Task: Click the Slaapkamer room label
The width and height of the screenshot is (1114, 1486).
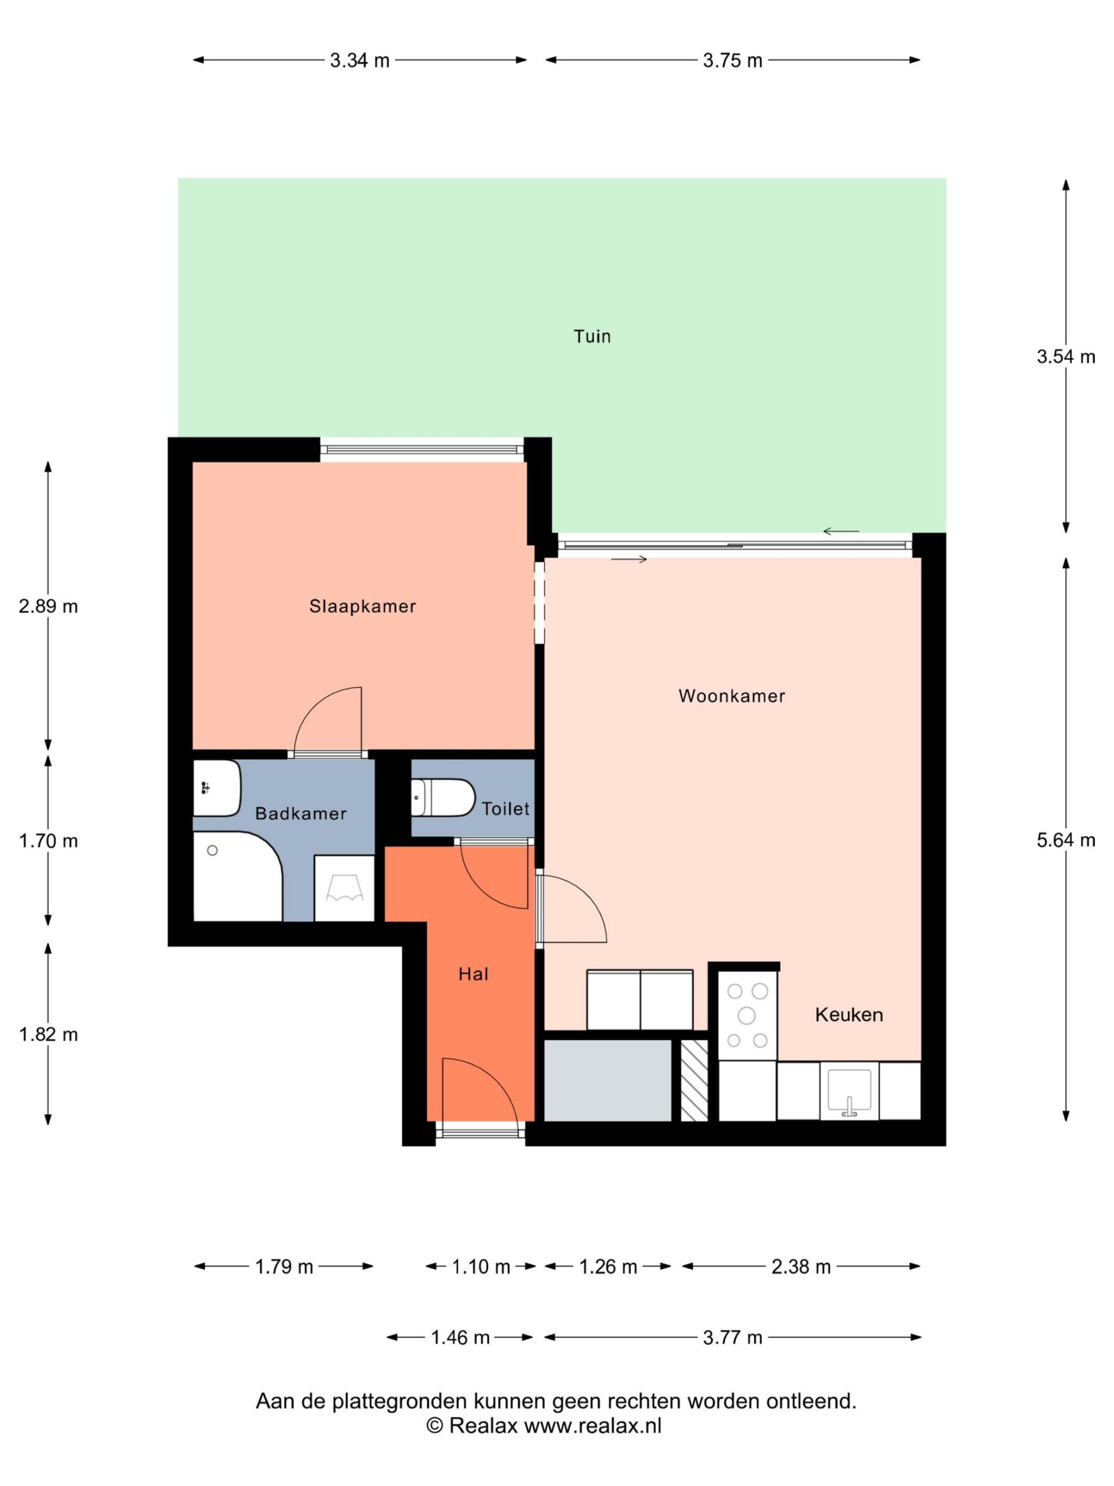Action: coord(362,606)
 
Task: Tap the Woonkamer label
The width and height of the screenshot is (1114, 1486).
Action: coord(731,695)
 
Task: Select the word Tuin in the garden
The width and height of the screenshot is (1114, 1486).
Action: coord(592,336)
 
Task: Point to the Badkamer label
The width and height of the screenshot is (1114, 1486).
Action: coord(300,814)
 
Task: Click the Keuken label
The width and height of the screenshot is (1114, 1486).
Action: coord(849,1015)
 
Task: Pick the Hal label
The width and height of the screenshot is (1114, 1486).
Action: coord(473,974)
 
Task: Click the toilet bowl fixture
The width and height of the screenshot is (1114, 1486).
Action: coord(443,798)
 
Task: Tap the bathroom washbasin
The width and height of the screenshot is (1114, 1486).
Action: coord(216,788)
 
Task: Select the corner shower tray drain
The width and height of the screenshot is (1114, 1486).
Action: coord(212,850)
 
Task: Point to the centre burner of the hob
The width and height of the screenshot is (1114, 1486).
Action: coord(746,1015)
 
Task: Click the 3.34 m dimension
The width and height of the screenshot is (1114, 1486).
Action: coord(359,60)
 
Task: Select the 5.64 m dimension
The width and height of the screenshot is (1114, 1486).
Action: coord(1066,840)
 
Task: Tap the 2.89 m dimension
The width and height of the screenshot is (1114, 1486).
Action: coord(48,607)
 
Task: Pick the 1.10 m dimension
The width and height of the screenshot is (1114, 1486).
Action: coord(481,1267)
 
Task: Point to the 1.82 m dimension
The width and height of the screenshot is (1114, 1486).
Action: coord(48,1034)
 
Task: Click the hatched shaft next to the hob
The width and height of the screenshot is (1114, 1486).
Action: coord(695,1080)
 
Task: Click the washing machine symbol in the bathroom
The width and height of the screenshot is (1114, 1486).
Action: coord(345,888)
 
